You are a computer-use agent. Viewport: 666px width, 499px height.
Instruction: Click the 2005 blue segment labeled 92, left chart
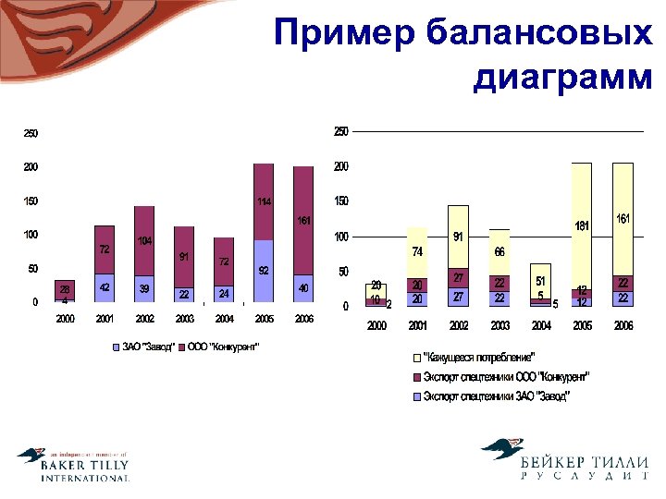[265, 271]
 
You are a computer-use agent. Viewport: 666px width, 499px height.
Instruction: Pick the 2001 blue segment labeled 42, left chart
[105, 287]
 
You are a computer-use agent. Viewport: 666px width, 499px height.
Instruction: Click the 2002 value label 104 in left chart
[144, 240]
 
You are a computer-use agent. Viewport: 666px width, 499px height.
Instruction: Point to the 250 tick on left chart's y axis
[31, 134]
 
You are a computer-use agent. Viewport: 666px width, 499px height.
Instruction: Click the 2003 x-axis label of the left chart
[184, 319]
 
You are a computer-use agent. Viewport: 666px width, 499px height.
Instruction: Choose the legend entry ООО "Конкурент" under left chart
[222, 347]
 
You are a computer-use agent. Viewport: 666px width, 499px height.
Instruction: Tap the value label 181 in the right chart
[582, 225]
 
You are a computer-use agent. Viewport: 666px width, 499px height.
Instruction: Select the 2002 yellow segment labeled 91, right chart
[458, 237]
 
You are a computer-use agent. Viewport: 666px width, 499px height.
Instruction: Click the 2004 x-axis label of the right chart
[541, 326]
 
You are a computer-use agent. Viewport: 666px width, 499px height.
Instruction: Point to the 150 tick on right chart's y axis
[340, 201]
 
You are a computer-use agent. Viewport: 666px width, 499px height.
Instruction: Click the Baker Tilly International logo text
[84, 472]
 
